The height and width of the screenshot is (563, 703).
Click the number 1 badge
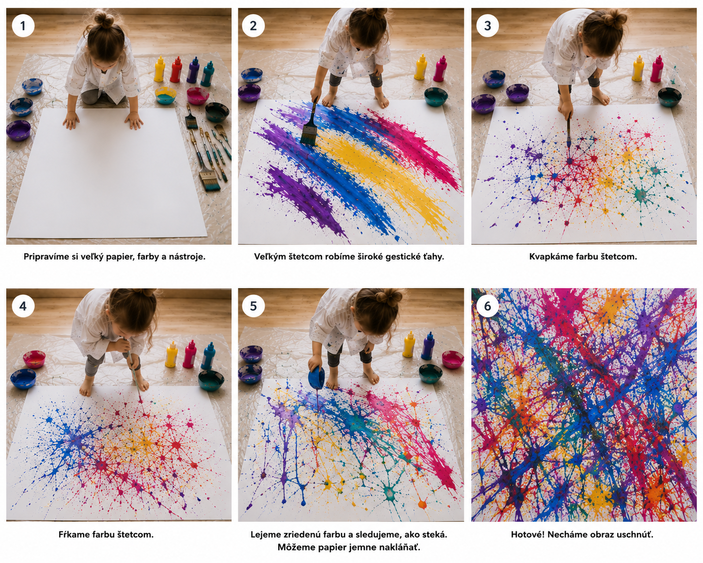point(23,26)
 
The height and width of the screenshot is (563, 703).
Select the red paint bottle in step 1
point(176,70)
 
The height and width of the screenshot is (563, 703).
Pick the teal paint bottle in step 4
point(209,356)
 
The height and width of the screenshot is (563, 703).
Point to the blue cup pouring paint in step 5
point(316,378)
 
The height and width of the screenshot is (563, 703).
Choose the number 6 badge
point(487,306)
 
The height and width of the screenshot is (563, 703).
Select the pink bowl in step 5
point(452,359)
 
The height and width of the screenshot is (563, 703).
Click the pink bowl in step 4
point(34,359)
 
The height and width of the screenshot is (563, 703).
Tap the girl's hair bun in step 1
point(104,20)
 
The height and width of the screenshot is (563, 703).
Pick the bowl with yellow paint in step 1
point(165,95)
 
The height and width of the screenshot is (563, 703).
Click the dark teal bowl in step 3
point(669,97)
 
